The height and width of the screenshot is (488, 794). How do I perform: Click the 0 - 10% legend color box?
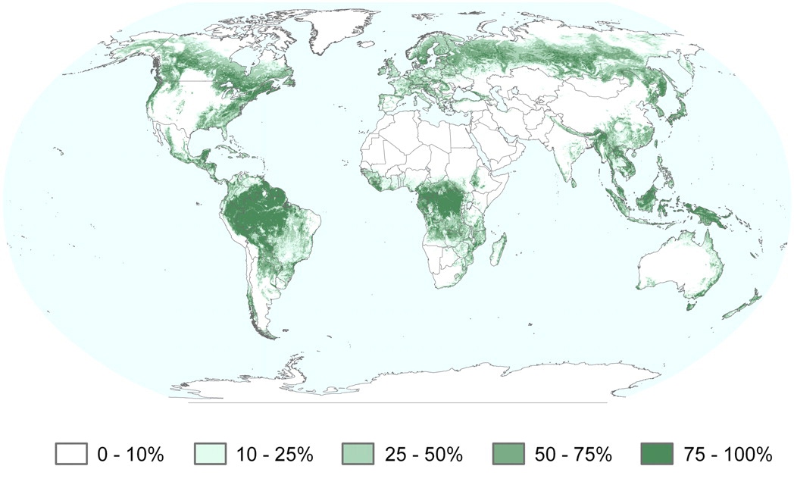[71, 454]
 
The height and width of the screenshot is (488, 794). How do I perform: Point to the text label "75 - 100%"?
[730, 455]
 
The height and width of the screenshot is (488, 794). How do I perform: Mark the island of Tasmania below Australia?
[690, 305]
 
